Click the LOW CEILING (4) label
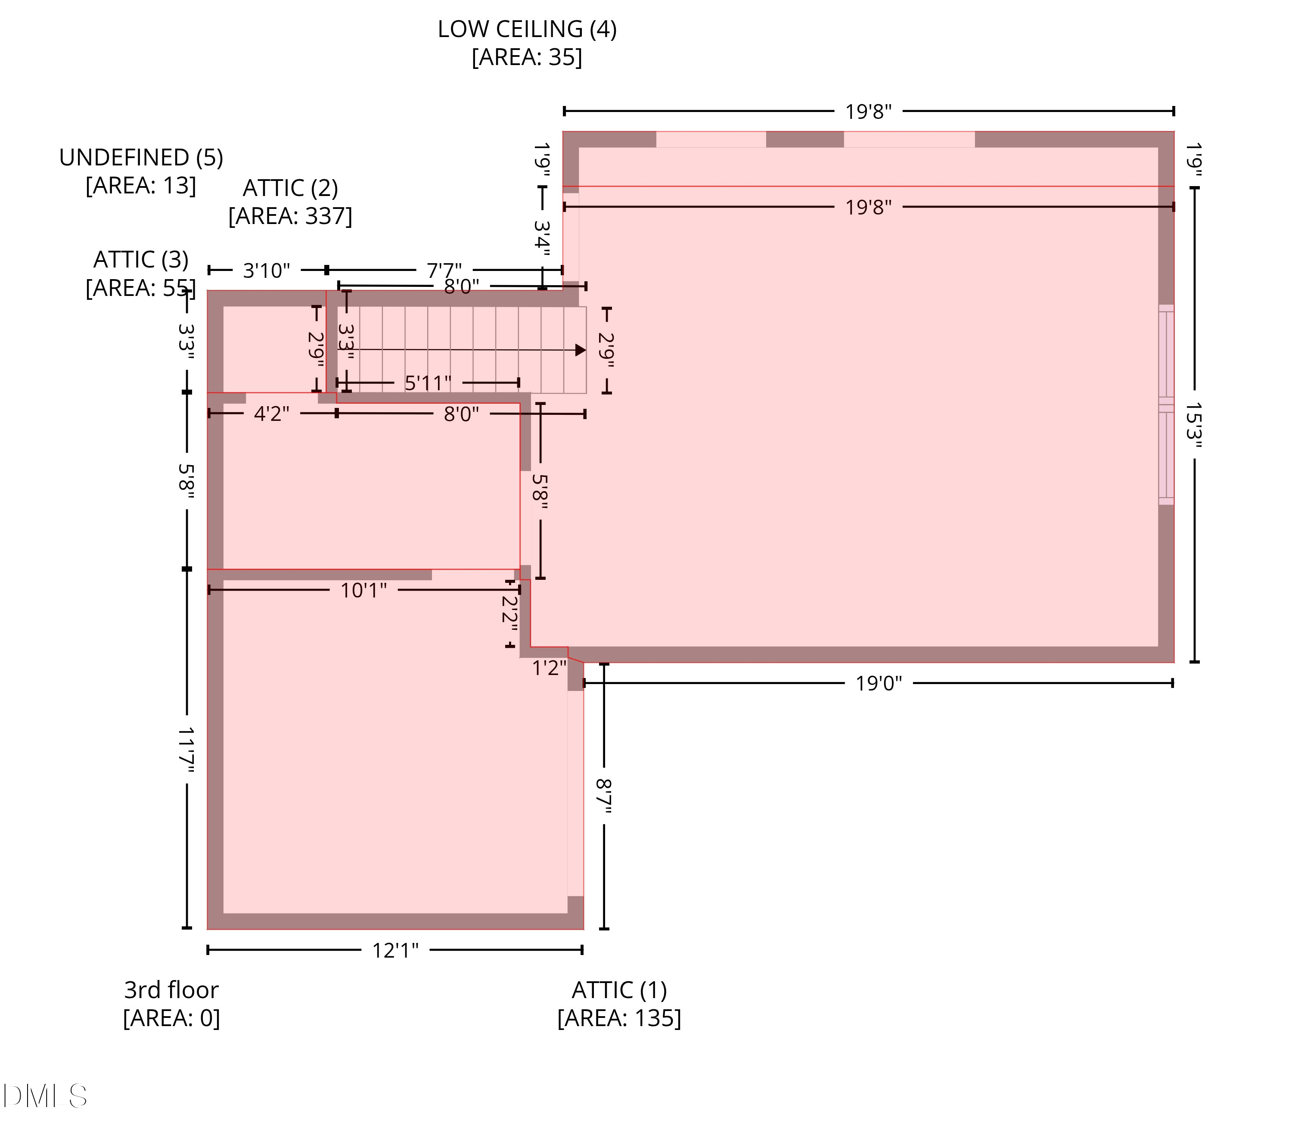coord(527,29)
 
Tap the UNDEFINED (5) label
coord(141,157)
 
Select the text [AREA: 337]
coord(290,216)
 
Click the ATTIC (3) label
coord(141,260)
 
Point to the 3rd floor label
coord(171,990)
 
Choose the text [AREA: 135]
coord(619,1018)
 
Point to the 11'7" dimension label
coord(186,750)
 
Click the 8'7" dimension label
coord(604,796)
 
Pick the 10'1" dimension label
coord(363,591)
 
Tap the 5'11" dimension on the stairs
coord(428,383)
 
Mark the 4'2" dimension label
coord(272,414)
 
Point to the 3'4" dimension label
coord(542,238)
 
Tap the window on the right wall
coord(1166,404)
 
